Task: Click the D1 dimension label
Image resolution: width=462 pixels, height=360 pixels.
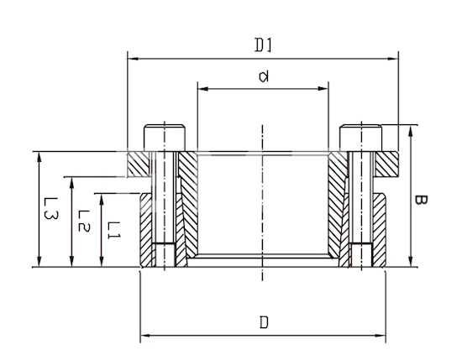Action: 263,45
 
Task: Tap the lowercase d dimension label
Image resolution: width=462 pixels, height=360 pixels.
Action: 264,76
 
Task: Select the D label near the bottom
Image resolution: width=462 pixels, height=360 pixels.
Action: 264,322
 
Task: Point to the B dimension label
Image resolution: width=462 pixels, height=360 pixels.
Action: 421,200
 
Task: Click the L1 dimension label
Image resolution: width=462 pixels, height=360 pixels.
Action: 113,230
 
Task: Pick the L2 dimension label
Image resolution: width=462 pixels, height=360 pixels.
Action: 84,221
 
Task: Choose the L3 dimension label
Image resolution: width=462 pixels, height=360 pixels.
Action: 50,208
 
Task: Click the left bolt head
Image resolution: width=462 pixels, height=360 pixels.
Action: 165,138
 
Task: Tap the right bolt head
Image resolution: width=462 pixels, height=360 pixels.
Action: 360,138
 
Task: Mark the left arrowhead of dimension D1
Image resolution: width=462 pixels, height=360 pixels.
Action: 133,59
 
